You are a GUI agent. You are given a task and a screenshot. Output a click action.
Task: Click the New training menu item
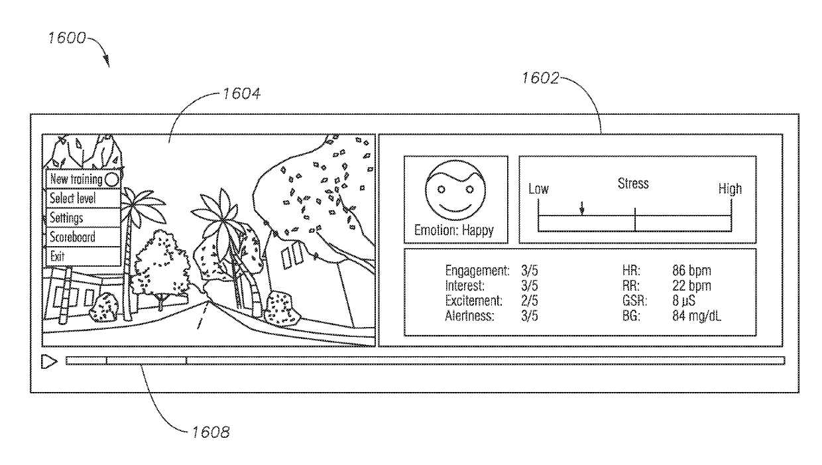coord(76,179)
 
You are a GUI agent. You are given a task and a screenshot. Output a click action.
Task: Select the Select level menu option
coord(73,198)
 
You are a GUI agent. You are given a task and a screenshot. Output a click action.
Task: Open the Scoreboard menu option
coord(72,237)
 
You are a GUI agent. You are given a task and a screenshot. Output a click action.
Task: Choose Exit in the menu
coord(58,256)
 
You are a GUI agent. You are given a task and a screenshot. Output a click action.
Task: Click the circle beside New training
coord(111,179)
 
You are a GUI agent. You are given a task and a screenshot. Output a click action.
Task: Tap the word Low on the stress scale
coord(538,190)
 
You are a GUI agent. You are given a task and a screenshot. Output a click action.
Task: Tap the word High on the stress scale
coord(730,190)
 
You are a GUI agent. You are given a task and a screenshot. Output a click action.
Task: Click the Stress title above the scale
coord(633,184)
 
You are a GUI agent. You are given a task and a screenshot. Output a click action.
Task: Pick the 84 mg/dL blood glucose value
coord(696,316)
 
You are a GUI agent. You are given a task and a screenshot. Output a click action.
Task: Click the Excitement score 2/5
coord(530,301)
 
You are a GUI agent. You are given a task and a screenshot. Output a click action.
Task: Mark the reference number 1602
coord(537,78)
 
